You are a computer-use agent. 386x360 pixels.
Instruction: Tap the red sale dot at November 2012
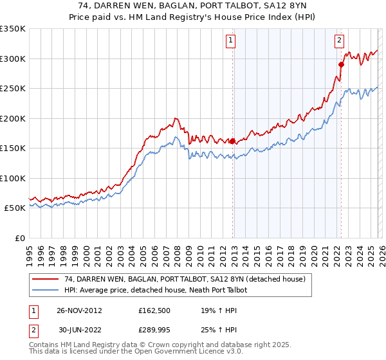(x=232, y=141)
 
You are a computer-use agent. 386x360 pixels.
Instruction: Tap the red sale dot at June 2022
(x=342, y=64)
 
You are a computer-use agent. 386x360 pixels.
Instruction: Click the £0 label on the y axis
(x=19, y=238)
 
